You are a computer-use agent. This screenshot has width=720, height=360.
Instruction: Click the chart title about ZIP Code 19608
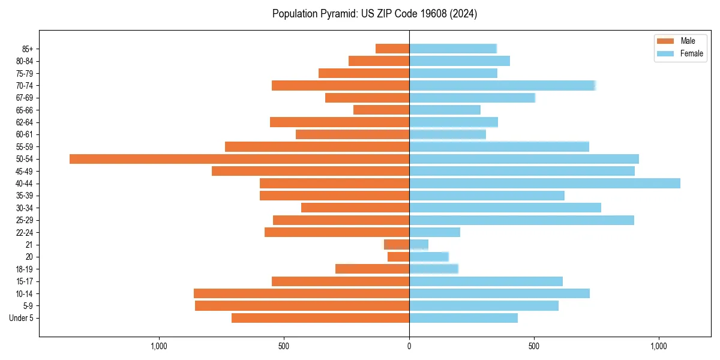[x=374, y=14]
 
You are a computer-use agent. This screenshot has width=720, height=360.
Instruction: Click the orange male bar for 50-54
[x=239, y=159]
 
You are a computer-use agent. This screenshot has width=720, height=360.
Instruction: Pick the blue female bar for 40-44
[x=545, y=184]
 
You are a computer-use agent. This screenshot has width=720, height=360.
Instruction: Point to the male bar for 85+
[x=392, y=49]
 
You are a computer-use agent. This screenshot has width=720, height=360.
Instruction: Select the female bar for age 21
[x=419, y=245]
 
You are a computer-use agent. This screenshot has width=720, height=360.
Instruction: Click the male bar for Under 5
[x=320, y=318]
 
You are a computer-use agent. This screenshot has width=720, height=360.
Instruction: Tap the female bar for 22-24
[x=434, y=232]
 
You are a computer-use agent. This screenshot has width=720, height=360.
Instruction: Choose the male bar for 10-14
[x=301, y=293]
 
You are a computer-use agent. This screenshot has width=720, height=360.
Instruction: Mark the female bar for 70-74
[x=502, y=85]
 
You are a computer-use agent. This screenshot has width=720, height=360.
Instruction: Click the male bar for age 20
[x=398, y=257]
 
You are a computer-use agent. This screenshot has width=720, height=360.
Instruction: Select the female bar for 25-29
[x=521, y=220]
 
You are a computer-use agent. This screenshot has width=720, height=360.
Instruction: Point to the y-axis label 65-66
[x=25, y=110]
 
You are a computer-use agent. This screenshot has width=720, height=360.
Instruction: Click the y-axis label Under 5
[x=21, y=318]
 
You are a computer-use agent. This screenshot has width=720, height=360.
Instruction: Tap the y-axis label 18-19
[x=25, y=269]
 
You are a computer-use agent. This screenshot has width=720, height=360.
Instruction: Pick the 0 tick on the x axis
[x=409, y=346]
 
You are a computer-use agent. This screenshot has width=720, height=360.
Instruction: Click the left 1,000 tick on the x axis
[x=159, y=346]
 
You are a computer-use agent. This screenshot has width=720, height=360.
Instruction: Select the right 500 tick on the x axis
[x=534, y=346]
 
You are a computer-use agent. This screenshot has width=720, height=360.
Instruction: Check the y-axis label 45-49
[x=25, y=171]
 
